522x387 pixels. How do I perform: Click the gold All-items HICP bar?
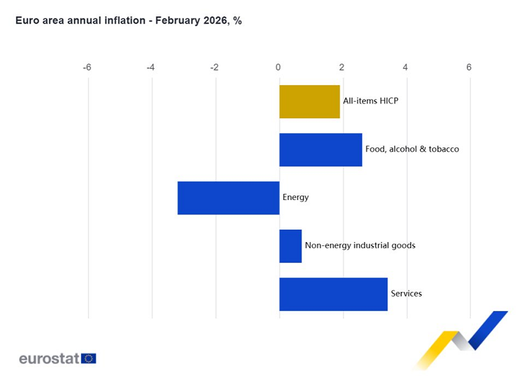pos(310,102)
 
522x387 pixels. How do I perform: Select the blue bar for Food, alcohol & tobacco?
pos(321,150)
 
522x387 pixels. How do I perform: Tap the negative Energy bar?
pos(228,197)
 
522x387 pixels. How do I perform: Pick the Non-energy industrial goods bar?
pos(291,246)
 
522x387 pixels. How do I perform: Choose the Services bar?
pos(333,294)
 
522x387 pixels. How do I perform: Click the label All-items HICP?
pos(371,101)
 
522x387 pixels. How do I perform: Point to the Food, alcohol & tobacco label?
pos(412,149)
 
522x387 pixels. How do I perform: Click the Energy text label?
pos(295,197)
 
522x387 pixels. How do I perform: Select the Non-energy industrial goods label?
pos(360,245)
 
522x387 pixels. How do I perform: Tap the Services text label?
pos(406,293)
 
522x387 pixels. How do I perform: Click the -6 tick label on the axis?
pos(87,68)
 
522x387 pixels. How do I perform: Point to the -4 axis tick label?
pos(151,68)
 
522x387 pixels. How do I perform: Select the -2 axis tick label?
pos(214,68)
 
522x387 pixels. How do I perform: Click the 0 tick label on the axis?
pos(279,68)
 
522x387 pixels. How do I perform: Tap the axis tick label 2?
pos(342,68)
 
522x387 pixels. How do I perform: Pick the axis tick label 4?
pos(405,68)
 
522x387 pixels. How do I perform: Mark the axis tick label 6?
pos(469,68)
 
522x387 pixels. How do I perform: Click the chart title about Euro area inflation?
pos(129,21)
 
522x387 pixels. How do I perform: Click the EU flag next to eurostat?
pos(89,358)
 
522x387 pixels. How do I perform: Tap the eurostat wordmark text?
pos(49,358)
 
